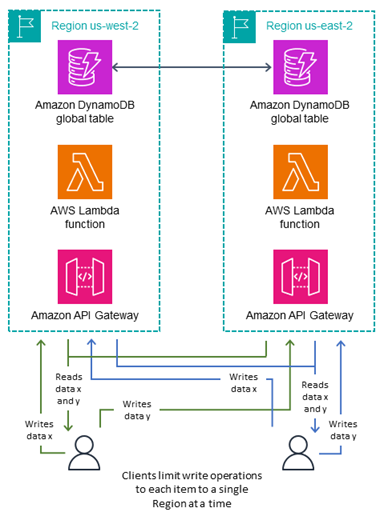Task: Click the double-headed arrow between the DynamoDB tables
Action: pos(194,69)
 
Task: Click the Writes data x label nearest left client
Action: pos(41,430)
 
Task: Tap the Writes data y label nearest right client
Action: pos(342,430)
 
